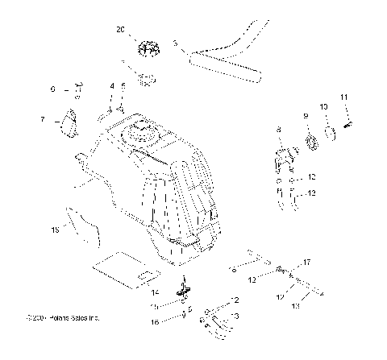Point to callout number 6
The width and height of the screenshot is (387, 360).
click(x=53, y=89)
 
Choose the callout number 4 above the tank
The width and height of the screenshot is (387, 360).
click(x=112, y=85)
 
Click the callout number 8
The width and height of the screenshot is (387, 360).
click(x=278, y=129)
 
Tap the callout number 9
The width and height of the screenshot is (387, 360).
click(x=306, y=116)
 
